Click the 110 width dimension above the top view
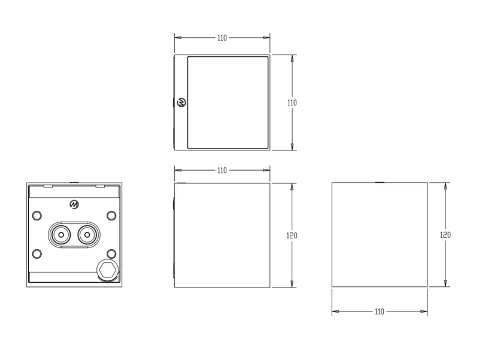(222, 38)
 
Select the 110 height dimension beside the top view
(292, 102)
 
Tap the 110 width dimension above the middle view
(222, 170)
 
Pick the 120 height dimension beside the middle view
(292, 235)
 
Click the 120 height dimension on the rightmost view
(445, 235)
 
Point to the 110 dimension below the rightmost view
(380, 311)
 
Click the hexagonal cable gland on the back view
(107, 270)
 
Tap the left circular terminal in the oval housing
(61, 235)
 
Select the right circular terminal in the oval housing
(87, 235)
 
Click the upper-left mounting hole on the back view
(37, 216)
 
